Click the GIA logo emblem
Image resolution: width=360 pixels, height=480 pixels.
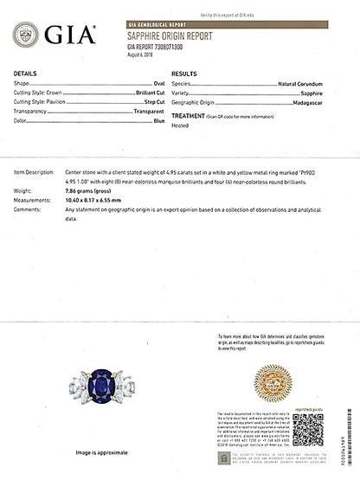pos(26,35)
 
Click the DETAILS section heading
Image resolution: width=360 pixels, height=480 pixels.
pos(25,74)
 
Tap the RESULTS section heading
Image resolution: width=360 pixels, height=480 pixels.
pos(186,74)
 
